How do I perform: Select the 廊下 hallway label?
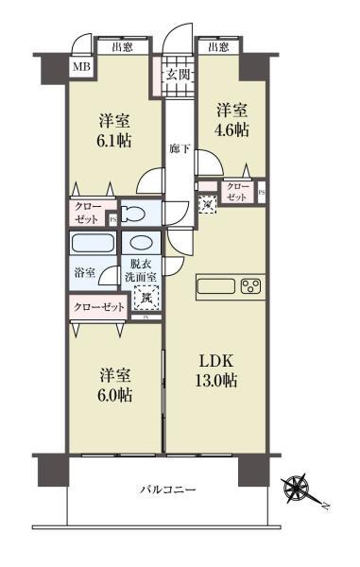(178, 148)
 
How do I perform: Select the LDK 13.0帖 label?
(217, 370)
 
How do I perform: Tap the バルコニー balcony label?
(168, 490)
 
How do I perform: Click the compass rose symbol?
(301, 489)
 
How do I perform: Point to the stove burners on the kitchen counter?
(251, 286)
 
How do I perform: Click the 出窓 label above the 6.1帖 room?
(121, 45)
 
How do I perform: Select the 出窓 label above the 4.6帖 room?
(218, 45)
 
